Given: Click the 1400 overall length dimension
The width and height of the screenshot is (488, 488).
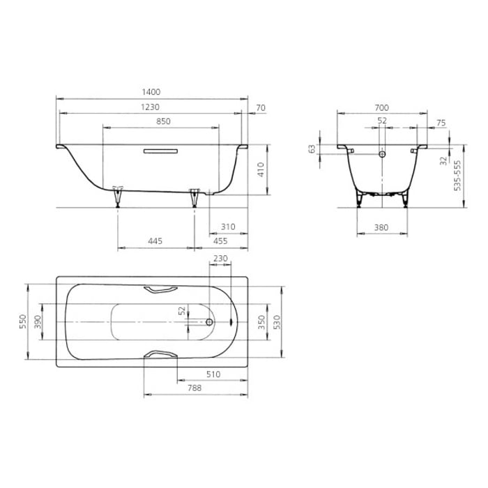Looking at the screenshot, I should click(x=151, y=92).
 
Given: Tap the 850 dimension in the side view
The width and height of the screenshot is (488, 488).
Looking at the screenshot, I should click(x=163, y=121).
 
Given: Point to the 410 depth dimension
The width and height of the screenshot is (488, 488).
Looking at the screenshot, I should click(x=259, y=169).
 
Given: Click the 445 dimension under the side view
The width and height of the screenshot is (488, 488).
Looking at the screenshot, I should click(x=155, y=241).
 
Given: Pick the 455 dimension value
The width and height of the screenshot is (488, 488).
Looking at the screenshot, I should click(x=220, y=241).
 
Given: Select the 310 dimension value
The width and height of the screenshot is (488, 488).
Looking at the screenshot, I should click(x=227, y=227).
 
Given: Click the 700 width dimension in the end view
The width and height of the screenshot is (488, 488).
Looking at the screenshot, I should click(x=381, y=107).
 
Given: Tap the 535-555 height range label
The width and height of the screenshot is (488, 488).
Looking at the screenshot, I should click(x=457, y=176).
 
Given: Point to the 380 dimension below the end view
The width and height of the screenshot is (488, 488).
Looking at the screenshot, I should click(x=381, y=227).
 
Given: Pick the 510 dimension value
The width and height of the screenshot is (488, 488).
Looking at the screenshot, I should click(x=213, y=374).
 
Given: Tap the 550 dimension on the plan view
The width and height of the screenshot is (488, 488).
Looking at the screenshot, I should click(x=22, y=322).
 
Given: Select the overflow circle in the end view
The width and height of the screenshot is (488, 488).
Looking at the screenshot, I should click(x=381, y=154).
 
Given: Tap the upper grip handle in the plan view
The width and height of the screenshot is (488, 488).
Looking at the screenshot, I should click(x=160, y=290).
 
